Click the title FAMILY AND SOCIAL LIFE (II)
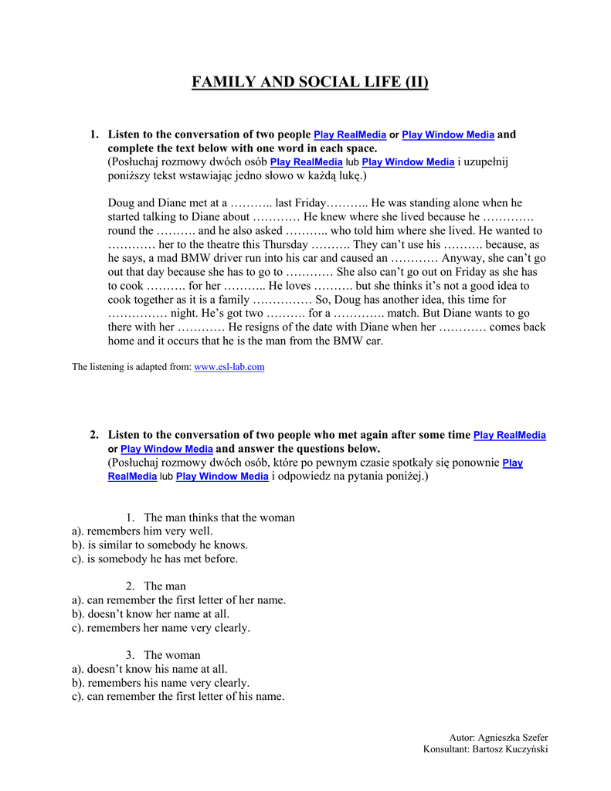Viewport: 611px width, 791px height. [x=310, y=83]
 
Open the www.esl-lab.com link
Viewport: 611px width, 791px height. [x=229, y=367]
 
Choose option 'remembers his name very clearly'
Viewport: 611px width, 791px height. [x=168, y=683]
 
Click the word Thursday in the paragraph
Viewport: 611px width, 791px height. [x=289, y=244]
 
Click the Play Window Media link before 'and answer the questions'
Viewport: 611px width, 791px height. [x=167, y=449]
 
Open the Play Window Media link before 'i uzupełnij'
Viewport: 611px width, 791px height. [x=408, y=162]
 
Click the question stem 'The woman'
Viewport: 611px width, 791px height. [x=171, y=655]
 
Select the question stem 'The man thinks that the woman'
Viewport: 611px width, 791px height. [x=219, y=518]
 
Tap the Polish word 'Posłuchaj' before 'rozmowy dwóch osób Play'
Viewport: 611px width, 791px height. [x=135, y=162]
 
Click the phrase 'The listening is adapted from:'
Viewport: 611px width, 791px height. [x=131, y=367]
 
